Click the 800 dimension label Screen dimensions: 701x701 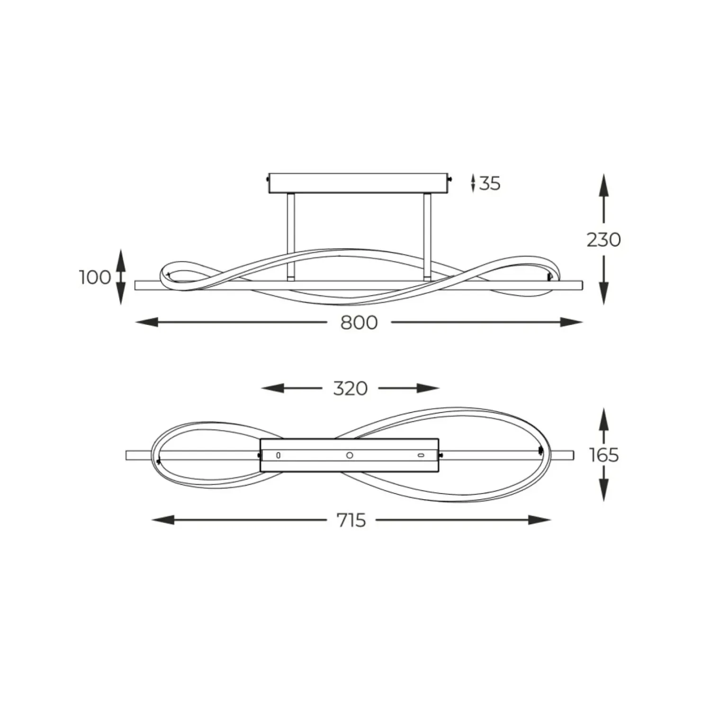(359, 323)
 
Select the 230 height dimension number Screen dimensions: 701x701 (603, 240)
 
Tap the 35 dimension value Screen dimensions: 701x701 (490, 183)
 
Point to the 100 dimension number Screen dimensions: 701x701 (95, 277)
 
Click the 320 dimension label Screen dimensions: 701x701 (350, 388)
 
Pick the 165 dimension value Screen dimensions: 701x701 (604, 455)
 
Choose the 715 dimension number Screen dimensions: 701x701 (351, 520)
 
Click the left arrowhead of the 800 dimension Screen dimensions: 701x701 (146, 323)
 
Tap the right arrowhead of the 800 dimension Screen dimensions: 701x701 (572, 323)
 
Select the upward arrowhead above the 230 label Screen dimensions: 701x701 (603, 185)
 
